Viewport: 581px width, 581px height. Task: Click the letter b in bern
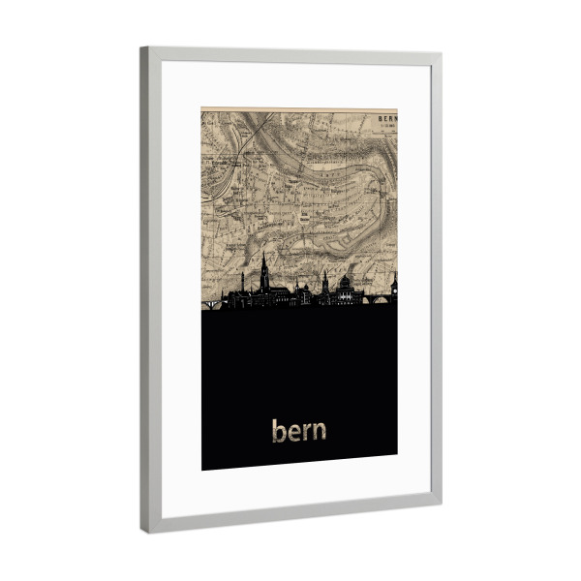point(278,429)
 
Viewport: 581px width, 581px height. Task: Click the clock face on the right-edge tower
point(394,284)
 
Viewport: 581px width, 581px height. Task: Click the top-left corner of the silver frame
point(142,48)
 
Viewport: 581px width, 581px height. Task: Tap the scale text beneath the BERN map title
point(386,125)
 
